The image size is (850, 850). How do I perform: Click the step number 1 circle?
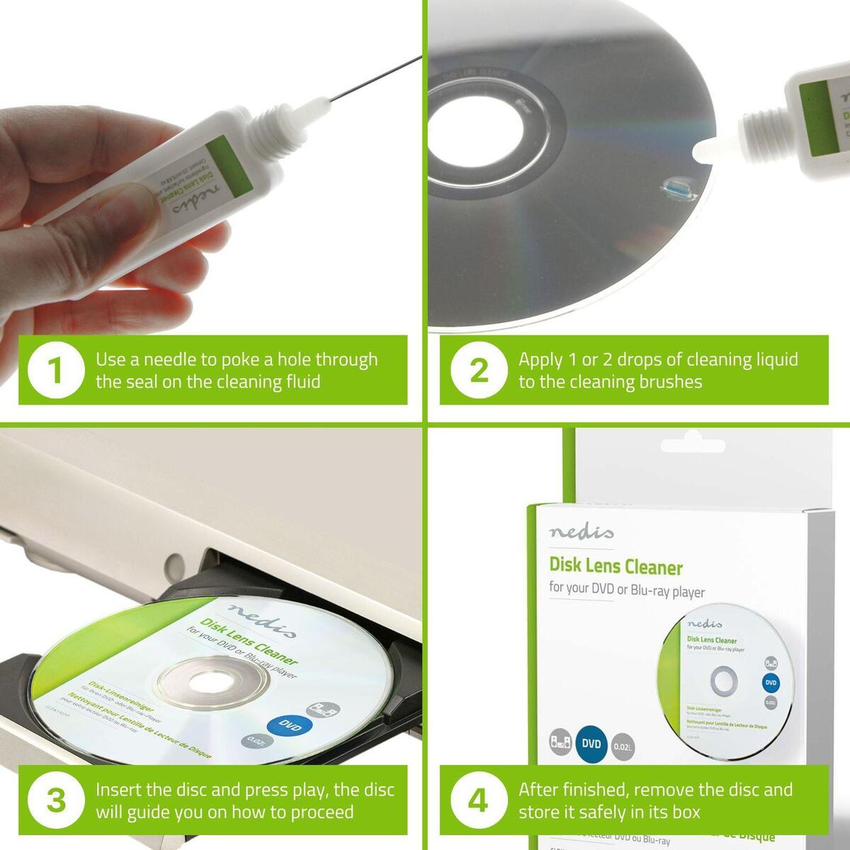[x=56, y=370]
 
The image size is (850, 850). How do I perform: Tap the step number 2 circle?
[x=479, y=370]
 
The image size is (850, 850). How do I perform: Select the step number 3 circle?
[x=56, y=800]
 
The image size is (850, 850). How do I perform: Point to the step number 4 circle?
[x=479, y=800]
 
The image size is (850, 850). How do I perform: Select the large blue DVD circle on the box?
[x=591, y=744]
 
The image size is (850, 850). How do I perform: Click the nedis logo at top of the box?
[x=581, y=532]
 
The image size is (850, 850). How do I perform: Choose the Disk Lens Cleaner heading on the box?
[x=616, y=566]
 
